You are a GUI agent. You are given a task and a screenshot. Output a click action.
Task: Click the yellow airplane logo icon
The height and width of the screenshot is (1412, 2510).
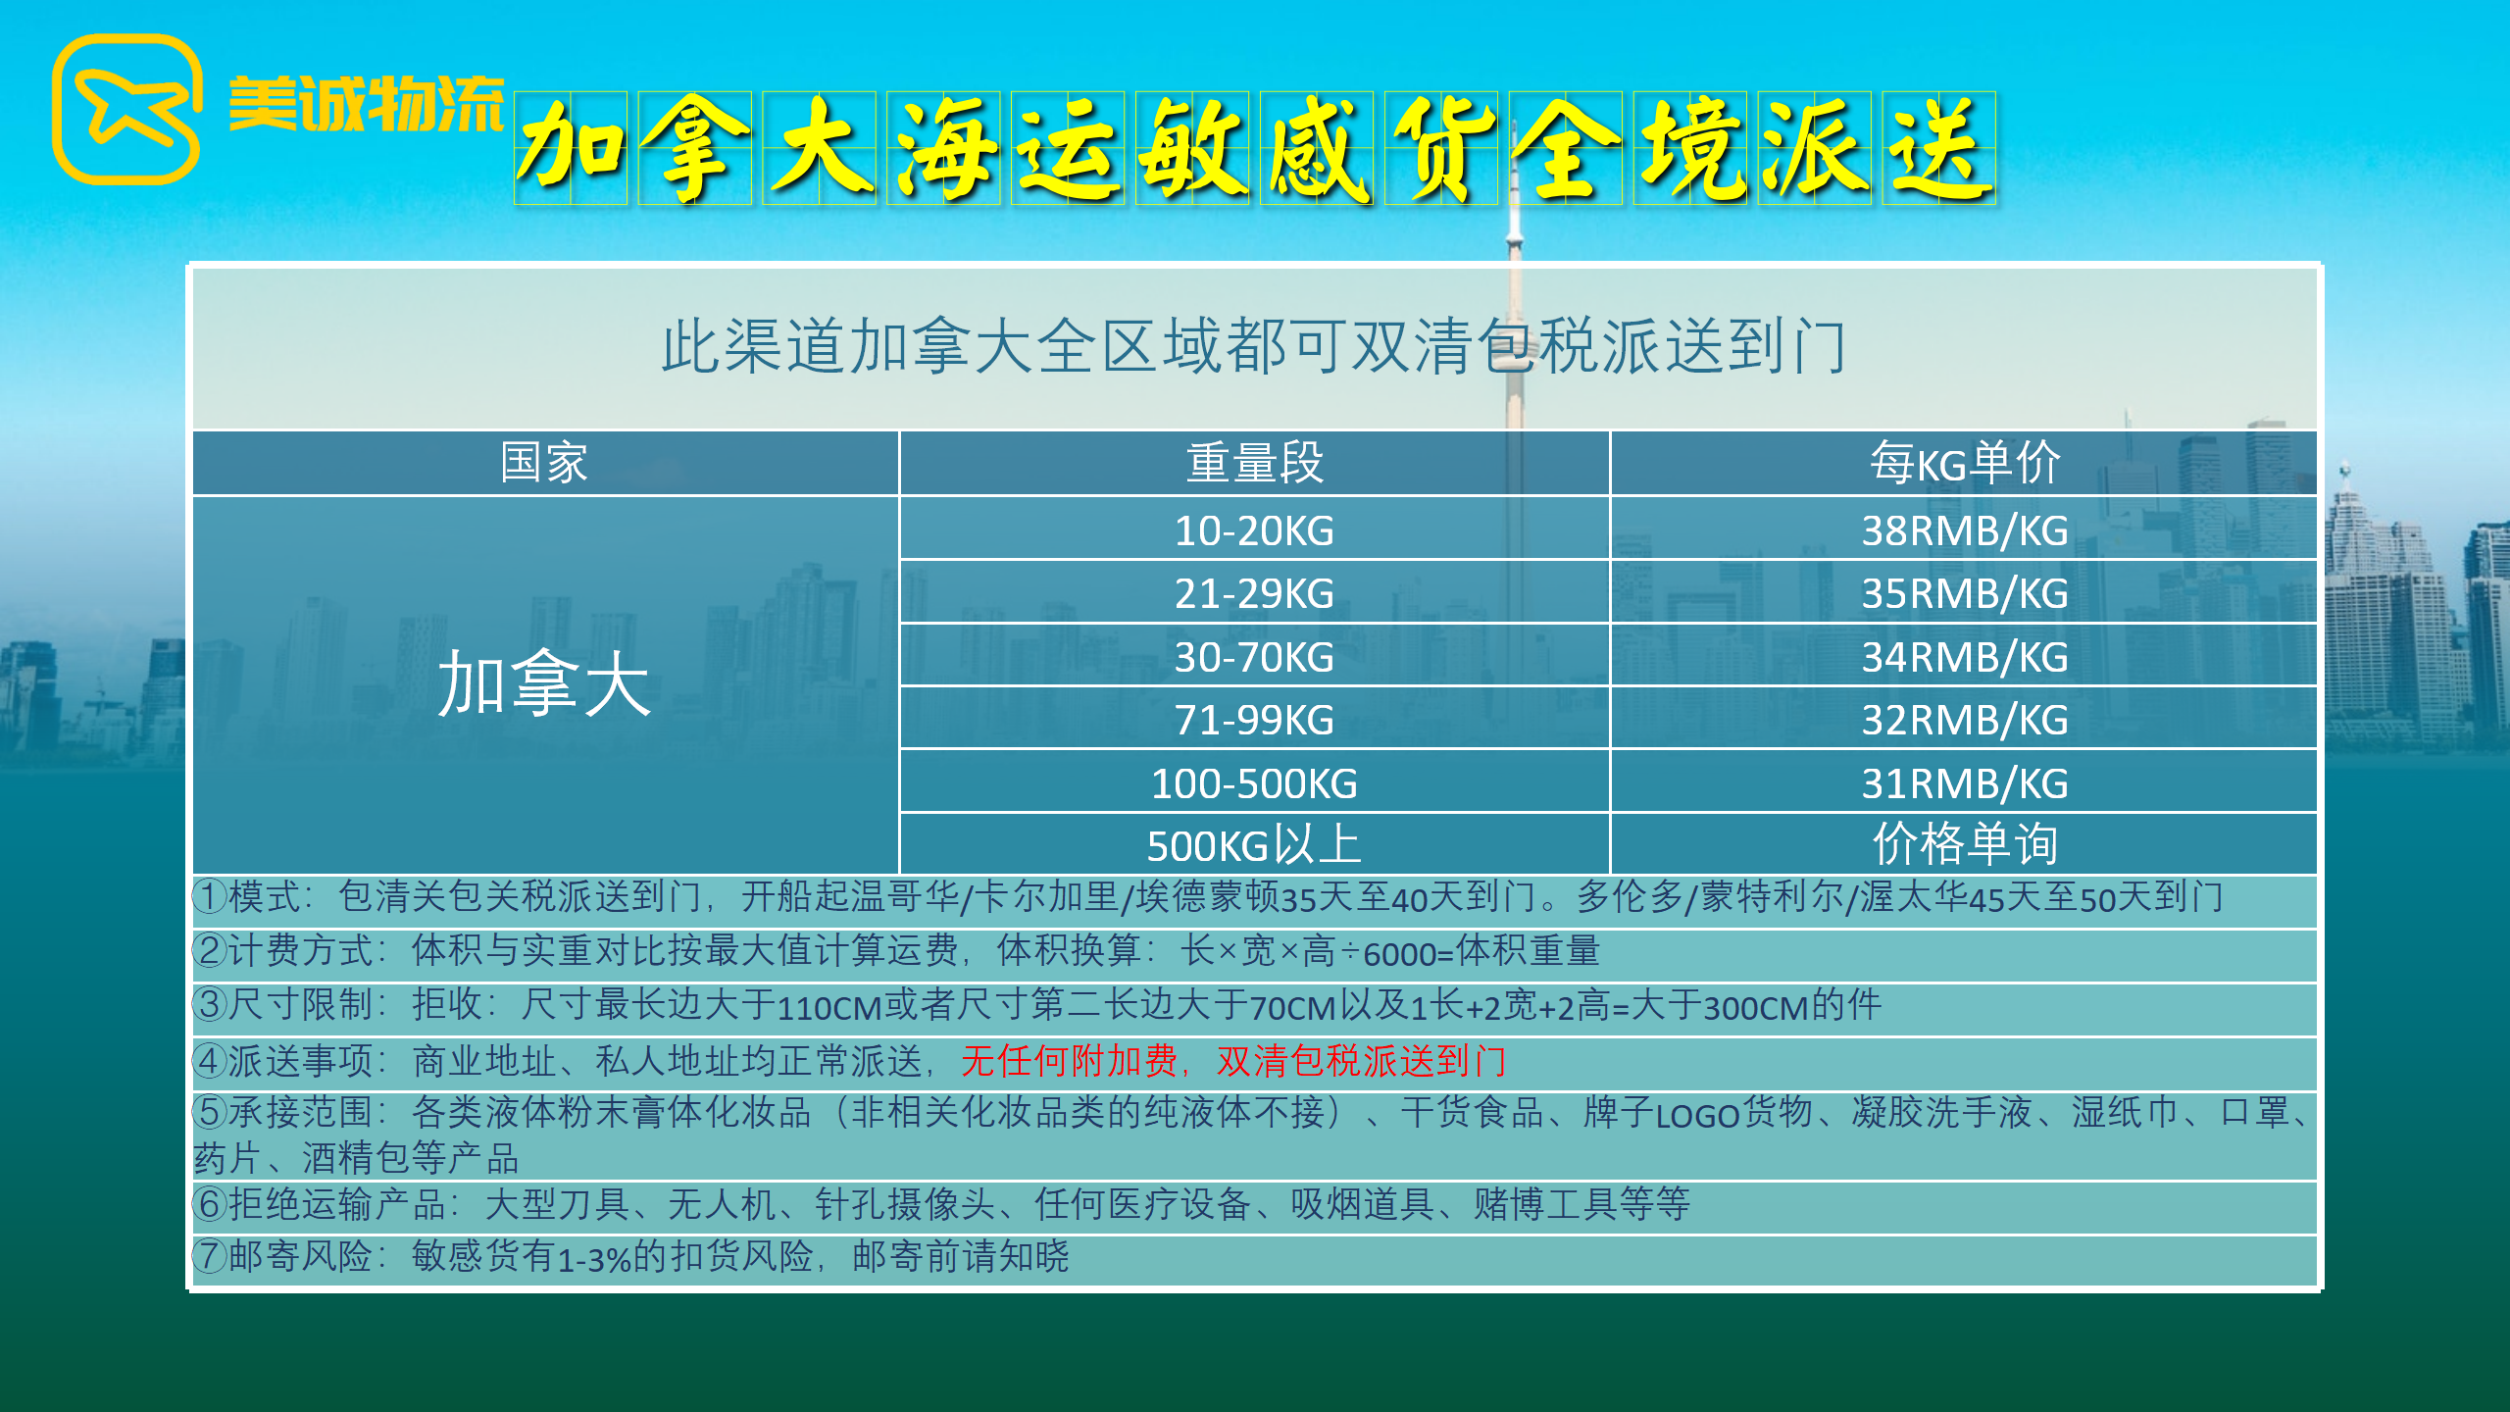126,110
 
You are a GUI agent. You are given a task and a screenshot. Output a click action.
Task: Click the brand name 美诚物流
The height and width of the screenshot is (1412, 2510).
366,104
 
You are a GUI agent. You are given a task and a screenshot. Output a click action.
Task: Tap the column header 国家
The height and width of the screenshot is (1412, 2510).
544,463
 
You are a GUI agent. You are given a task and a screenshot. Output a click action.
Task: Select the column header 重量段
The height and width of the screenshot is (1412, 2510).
1254,463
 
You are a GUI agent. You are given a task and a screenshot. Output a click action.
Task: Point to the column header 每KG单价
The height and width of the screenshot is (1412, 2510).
1965,463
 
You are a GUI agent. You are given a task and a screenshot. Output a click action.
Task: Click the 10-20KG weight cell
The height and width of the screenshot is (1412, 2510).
1254,530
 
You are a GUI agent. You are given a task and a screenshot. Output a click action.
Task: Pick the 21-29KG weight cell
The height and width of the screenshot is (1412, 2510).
1254,593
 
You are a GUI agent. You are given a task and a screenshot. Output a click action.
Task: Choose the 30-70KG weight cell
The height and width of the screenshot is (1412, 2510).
1254,657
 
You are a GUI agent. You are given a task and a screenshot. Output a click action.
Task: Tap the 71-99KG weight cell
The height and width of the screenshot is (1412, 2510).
1254,720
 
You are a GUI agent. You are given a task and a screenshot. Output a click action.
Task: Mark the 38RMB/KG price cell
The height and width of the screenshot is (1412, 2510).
1965,530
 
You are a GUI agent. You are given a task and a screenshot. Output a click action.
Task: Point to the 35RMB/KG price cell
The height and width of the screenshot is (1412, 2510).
1965,593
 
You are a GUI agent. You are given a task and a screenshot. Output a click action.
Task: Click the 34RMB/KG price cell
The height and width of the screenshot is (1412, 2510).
1965,657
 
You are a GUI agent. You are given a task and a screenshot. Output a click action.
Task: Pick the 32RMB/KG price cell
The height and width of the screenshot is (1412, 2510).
1965,720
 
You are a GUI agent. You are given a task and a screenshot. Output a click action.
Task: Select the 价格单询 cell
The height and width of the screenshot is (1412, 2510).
1965,843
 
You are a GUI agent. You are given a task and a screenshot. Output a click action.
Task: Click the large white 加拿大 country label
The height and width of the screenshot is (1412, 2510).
544,683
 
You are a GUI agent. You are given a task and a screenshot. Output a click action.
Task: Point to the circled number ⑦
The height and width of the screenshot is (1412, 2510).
210,1256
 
